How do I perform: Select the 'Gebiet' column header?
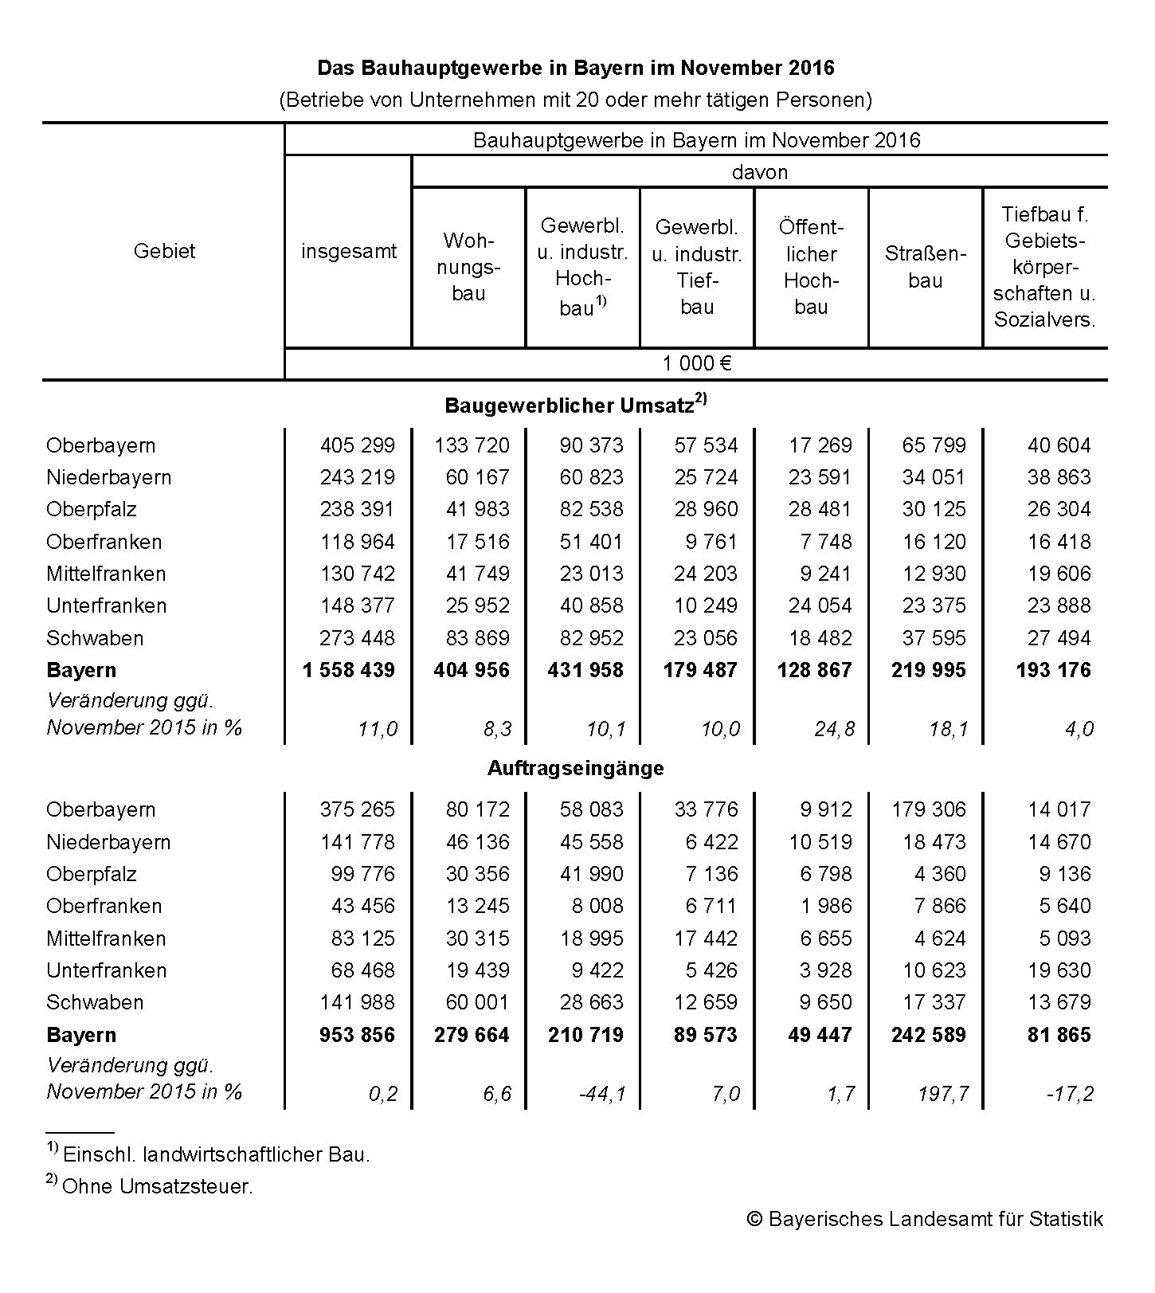coord(164,251)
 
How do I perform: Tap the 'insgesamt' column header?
coord(348,252)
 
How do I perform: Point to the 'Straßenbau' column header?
coord(925,267)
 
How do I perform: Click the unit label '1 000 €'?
coord(696,364)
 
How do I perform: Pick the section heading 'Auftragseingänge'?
coord(575,769)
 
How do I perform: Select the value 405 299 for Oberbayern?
coord(357,445)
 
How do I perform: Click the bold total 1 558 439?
coord(348,670)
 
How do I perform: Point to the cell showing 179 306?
coord(928,810)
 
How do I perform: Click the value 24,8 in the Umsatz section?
coord(833,729)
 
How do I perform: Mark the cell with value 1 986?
coord(826,907)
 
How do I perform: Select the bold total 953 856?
coord(357,1035)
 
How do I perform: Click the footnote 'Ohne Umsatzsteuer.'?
coord(156,1186)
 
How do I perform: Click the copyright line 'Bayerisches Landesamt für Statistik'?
coord(925,1219)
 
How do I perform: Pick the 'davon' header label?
coord(759,172)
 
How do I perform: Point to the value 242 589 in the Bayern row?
coord(928,1035)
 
